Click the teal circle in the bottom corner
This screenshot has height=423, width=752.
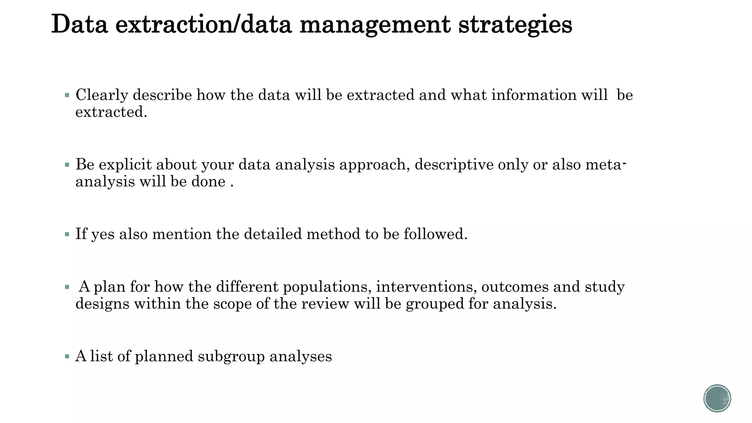pos(717,398)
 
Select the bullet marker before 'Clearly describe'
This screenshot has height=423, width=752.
pos(67,95)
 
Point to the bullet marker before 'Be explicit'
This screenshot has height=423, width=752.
pos(67,165)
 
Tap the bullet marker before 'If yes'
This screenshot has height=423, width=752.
pos(67,234)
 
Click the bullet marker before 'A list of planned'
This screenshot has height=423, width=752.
pos(67,356)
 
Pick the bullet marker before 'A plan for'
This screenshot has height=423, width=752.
pos(67,287)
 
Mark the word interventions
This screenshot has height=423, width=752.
pos(426,286)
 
